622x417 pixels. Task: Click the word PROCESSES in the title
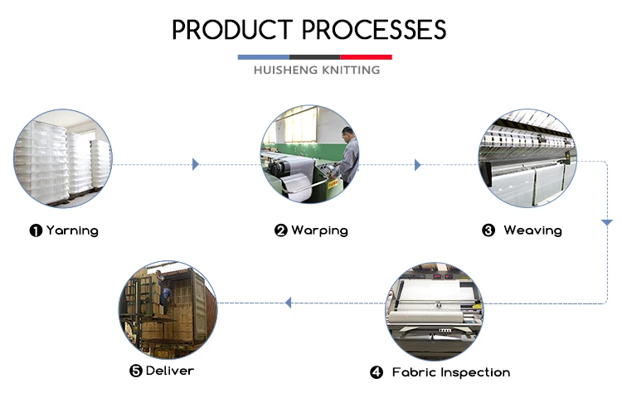375,30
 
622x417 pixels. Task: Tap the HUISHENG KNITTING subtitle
316,70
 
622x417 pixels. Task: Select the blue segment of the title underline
263,57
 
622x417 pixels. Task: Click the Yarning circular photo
63,158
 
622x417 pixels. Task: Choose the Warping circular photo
311,155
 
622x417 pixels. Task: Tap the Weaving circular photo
527,158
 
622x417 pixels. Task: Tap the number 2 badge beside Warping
281,230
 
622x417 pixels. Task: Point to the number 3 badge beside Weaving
488,230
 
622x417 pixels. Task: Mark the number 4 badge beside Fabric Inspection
377,373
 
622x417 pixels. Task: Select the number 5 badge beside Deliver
136,371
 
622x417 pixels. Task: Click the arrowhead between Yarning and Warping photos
196,164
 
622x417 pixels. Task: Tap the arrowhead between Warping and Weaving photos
418,165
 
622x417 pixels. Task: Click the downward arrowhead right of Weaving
606,223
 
